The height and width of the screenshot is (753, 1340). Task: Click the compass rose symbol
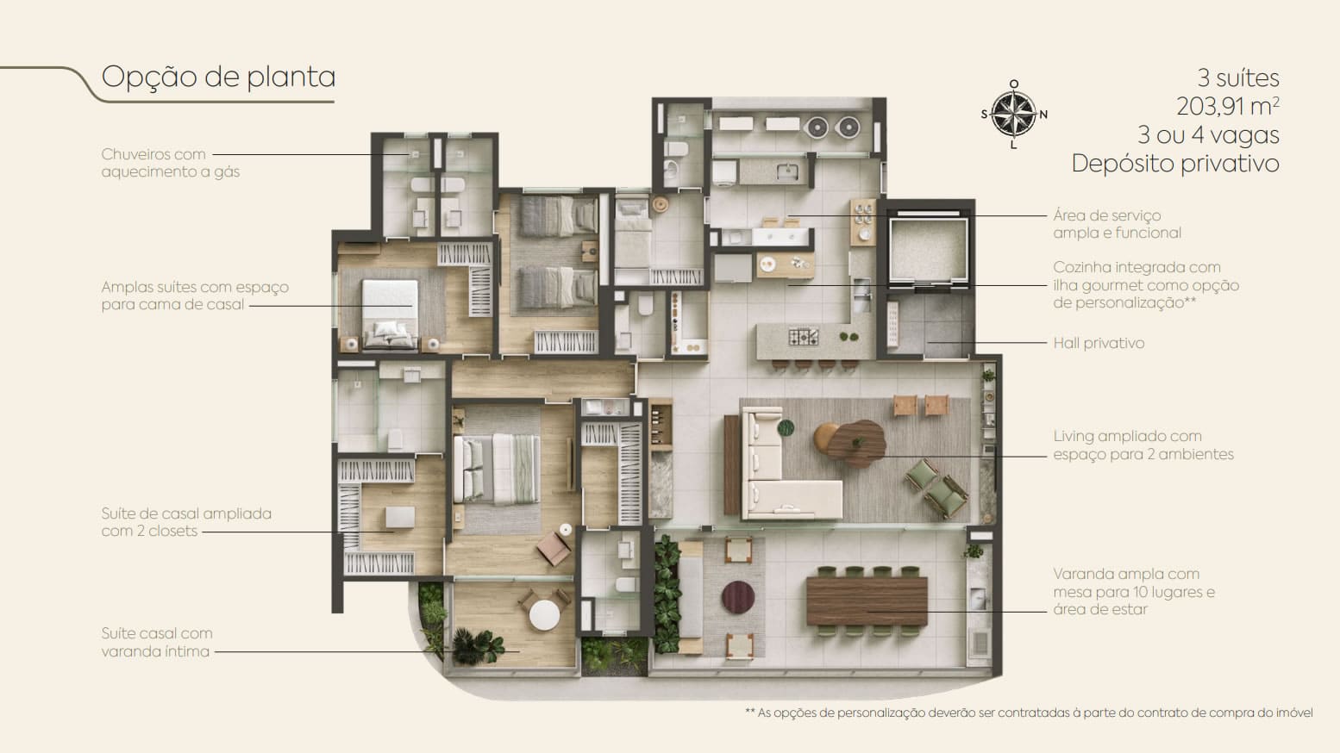pos(1013,114)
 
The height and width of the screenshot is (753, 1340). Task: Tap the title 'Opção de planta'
pos(218,77)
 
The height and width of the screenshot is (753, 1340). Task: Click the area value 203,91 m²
pos(1228,106)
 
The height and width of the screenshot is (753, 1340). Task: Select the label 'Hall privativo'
pos(1099,343)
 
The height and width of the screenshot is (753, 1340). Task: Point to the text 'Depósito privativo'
pos(1175,163)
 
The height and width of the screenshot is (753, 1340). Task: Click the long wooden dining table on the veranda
pos(867,601)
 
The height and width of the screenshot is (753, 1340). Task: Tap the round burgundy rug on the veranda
pos(737,597)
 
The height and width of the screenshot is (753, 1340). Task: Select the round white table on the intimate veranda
pos(544,614)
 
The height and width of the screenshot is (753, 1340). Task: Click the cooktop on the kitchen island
pos(804,337)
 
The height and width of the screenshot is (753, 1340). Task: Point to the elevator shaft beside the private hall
pos(928,250)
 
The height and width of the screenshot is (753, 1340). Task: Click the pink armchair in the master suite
pos(554,548)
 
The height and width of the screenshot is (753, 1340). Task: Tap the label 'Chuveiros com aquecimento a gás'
pos(171,163)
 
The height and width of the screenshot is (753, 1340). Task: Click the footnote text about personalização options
pos(1029,713)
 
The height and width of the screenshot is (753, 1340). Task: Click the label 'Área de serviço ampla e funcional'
pos(1117,224)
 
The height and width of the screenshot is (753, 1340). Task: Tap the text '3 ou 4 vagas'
pos(1208,135)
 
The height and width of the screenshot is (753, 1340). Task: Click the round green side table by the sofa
pos(786,428)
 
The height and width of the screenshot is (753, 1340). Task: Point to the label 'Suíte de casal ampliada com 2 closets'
pos(186,522)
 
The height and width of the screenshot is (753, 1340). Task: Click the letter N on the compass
pos(1043,115)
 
